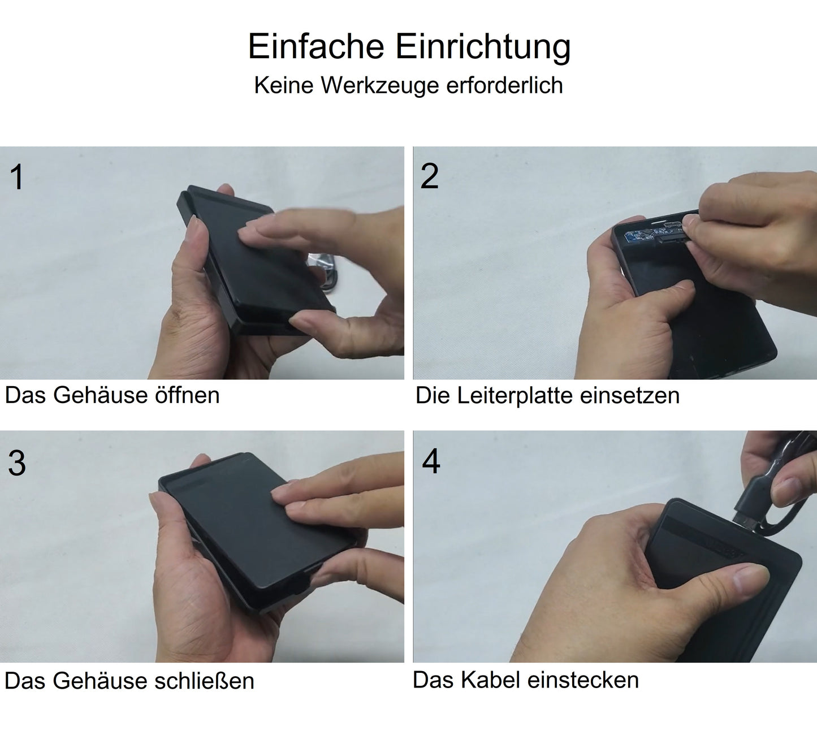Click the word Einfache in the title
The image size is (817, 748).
point(317,46)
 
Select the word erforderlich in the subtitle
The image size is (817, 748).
point(504,85)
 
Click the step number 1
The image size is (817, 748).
point(17,177)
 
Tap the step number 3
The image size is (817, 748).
point(17,463)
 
